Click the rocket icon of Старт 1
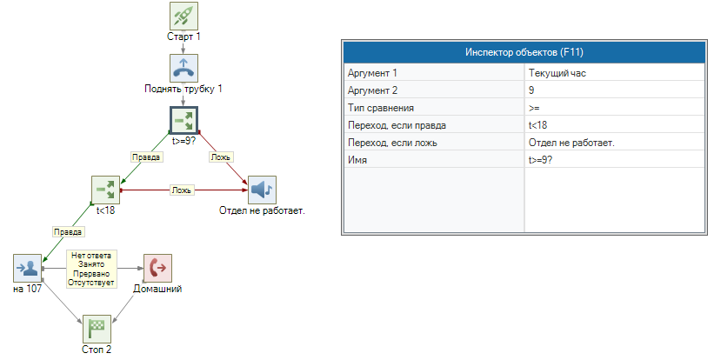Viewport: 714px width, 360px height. [184, 16]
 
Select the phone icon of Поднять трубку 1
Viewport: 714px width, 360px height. [184, 68]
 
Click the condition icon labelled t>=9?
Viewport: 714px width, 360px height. [184, 120]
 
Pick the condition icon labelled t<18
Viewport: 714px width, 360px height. [105, 190]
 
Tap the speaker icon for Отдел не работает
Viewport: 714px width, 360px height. [262, 190]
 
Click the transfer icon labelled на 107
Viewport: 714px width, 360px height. [27, 268]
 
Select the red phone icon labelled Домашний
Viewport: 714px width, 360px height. [157, 268]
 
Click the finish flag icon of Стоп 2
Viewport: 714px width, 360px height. [97, 329]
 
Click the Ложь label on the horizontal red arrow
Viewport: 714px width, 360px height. [181, 190]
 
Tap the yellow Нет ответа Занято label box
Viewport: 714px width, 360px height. [91, 268]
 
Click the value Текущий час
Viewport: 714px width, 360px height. [557, 73]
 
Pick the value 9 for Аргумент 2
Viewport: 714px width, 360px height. [531, 90]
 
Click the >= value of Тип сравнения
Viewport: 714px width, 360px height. [534, 108]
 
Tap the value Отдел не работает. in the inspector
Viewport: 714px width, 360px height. [571, 143]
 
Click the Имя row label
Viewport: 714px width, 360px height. [357, 160]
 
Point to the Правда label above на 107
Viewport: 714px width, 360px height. [68, 232]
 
